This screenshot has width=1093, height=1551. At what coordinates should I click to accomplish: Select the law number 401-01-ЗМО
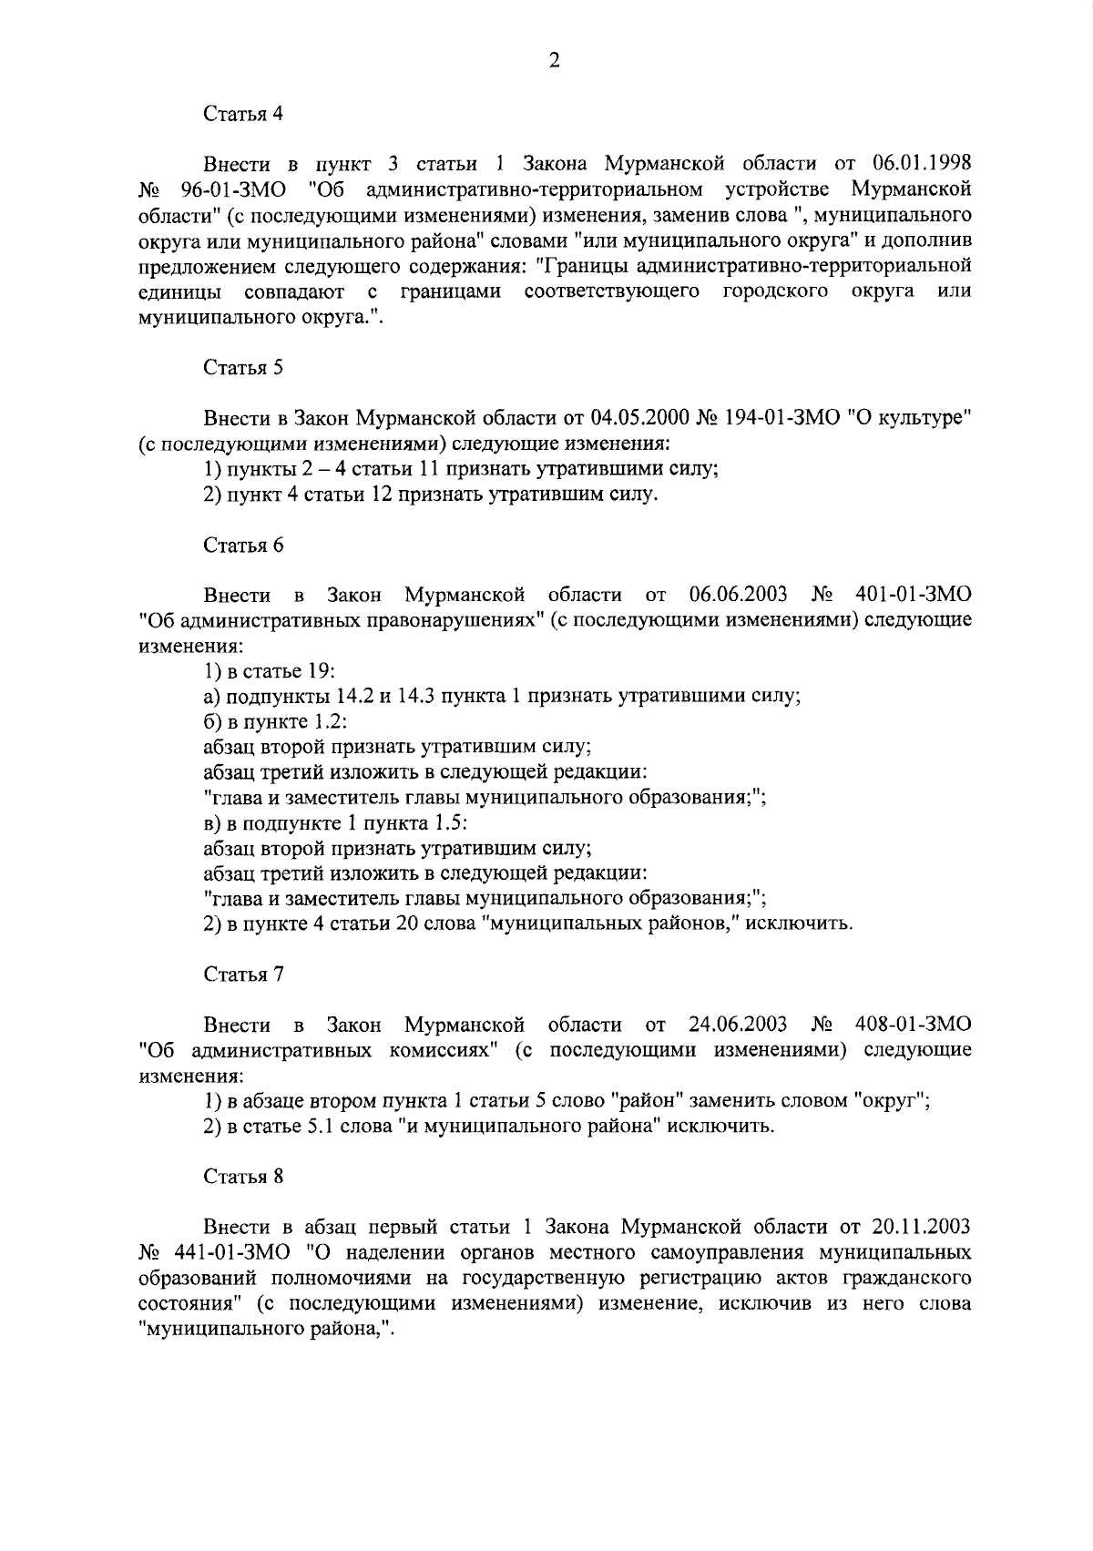[x=914, y=596]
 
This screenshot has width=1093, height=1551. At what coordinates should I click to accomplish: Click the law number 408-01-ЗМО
[x=914, y=1025]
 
